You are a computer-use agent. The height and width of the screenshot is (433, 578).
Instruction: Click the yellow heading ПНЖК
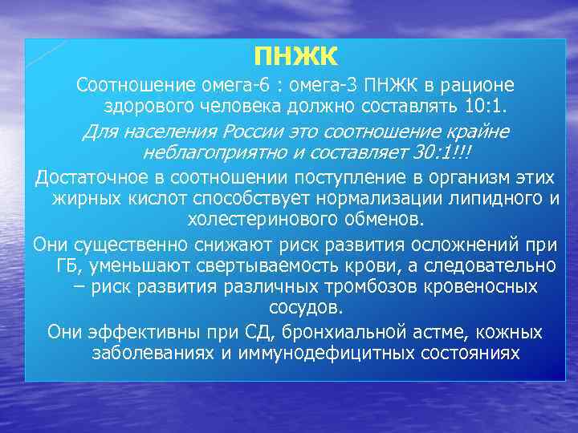(295, 57)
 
